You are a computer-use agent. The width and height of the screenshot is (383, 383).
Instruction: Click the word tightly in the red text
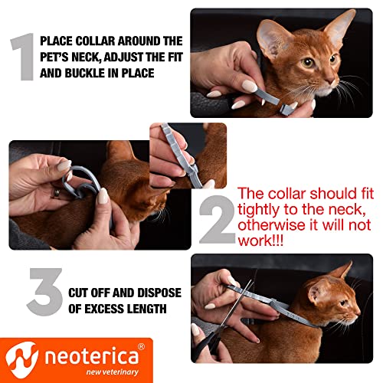click(x=262, y=211)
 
